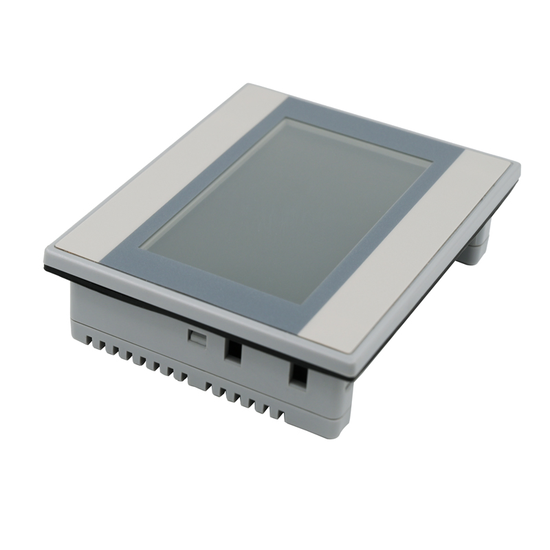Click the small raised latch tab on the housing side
click(x=197, y=337)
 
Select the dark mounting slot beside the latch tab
click(x=234, y=351)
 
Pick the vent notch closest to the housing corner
click(x=280, y=415)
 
